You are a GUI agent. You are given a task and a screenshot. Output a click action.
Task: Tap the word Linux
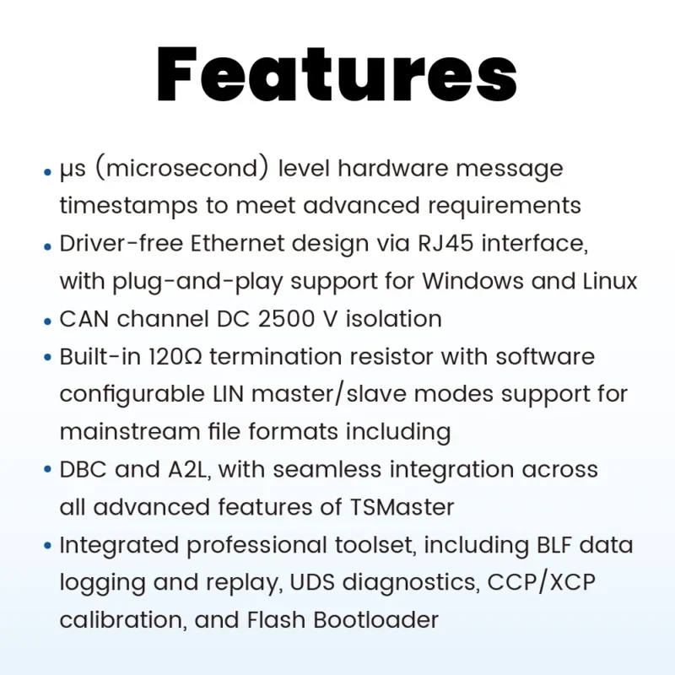[x=604, y=281]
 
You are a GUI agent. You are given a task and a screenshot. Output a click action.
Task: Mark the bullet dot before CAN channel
[x=47, y=321]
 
